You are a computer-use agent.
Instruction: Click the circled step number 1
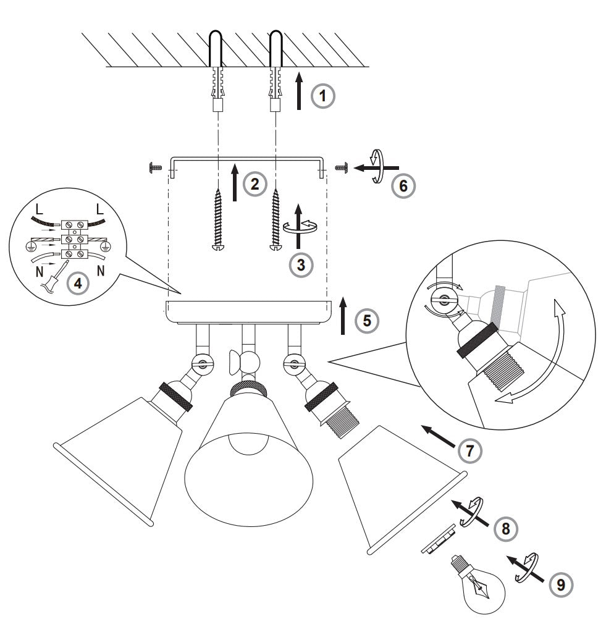pos(322,96)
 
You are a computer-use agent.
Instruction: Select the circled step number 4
pos(78,283)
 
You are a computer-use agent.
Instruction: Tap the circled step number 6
pos(403,186)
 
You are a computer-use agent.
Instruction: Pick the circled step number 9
pos(561,584)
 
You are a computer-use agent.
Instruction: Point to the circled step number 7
pos(470,450)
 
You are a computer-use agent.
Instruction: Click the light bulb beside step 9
pos(479,583)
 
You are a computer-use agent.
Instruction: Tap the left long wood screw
pos(218,220)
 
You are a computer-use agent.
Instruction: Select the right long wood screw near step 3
pos(276,220)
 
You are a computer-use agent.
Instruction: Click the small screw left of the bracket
pos(155,167)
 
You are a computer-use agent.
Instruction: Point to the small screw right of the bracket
pos(341,167)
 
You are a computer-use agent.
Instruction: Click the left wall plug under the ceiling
pos(217,89)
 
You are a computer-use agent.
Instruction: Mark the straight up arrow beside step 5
pos(343,316)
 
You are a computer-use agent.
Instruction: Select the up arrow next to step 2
pos(235,182)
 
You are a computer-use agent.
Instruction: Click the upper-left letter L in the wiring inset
pos(39,209)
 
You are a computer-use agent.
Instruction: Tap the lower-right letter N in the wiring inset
pos(101,271)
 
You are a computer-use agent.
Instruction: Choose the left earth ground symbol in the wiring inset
pos(29,246)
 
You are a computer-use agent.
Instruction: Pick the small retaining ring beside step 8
pos(439,539)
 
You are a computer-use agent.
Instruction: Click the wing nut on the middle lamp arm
pos(235,362)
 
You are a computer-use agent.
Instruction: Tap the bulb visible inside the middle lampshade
pos(248,444)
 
